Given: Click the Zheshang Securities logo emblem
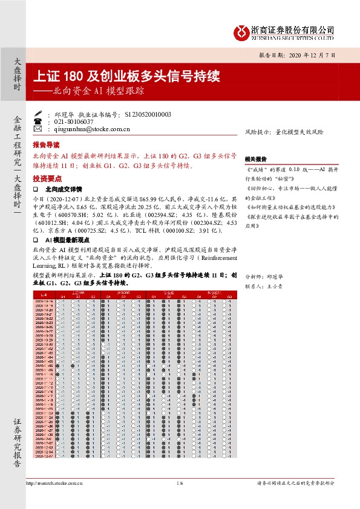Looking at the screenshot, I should [242, 31].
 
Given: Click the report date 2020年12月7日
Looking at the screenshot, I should [303, 55].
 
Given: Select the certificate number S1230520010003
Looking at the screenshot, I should [148, 114].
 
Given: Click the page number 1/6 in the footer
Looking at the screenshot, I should [180, 484].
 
